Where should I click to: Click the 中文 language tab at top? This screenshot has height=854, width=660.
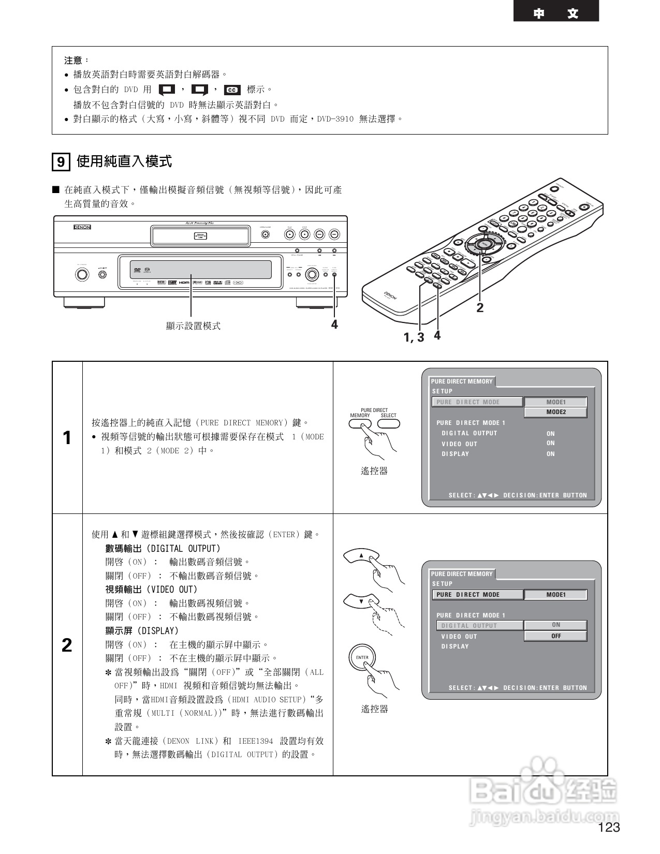click(x=555, y=13)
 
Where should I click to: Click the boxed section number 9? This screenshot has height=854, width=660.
click(x=61, y=163)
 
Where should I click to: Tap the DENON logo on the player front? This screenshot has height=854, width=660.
click(x=81, y=227)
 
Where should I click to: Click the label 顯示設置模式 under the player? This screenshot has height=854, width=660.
click(x=193, y=326)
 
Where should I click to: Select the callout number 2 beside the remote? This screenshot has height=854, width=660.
click(x=480, y=307)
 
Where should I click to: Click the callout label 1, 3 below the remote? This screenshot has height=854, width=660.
click(x=414, y=337)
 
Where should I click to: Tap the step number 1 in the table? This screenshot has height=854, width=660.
click(x=67, y=438)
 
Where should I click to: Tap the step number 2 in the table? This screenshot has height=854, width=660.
click(x=67, y=645)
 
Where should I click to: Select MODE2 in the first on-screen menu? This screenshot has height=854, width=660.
click(x=556, y=413)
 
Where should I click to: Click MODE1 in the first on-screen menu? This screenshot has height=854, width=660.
click(x=556, y=402)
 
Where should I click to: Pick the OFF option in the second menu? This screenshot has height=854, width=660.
click(x=555, y=636)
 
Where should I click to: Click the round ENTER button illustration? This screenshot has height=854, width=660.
click(x=362, y=658)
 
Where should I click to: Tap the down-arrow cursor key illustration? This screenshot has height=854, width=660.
click(x=361, y=601)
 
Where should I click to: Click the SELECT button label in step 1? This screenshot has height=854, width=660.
click(x=388, y=416)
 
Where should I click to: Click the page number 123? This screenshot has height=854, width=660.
click(x=609, y=828)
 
